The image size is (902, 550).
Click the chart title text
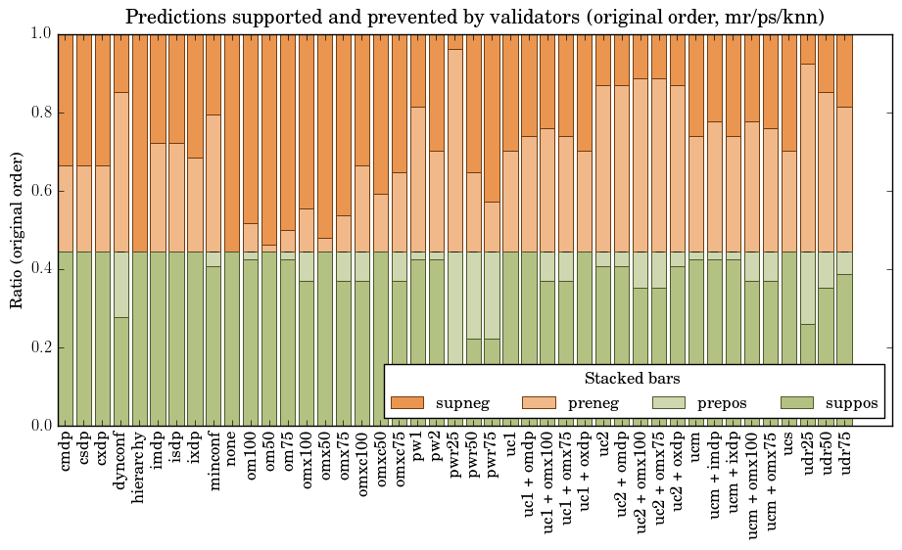point(475,17)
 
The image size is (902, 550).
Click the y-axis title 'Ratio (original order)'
point(17,229)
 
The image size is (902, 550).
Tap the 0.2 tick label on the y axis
point(39,347)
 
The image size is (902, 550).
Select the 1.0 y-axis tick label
point(39,34)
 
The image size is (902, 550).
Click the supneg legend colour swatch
point(406,402)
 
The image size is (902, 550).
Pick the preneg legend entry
point(584,402)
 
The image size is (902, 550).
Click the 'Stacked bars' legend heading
point(633,378)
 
